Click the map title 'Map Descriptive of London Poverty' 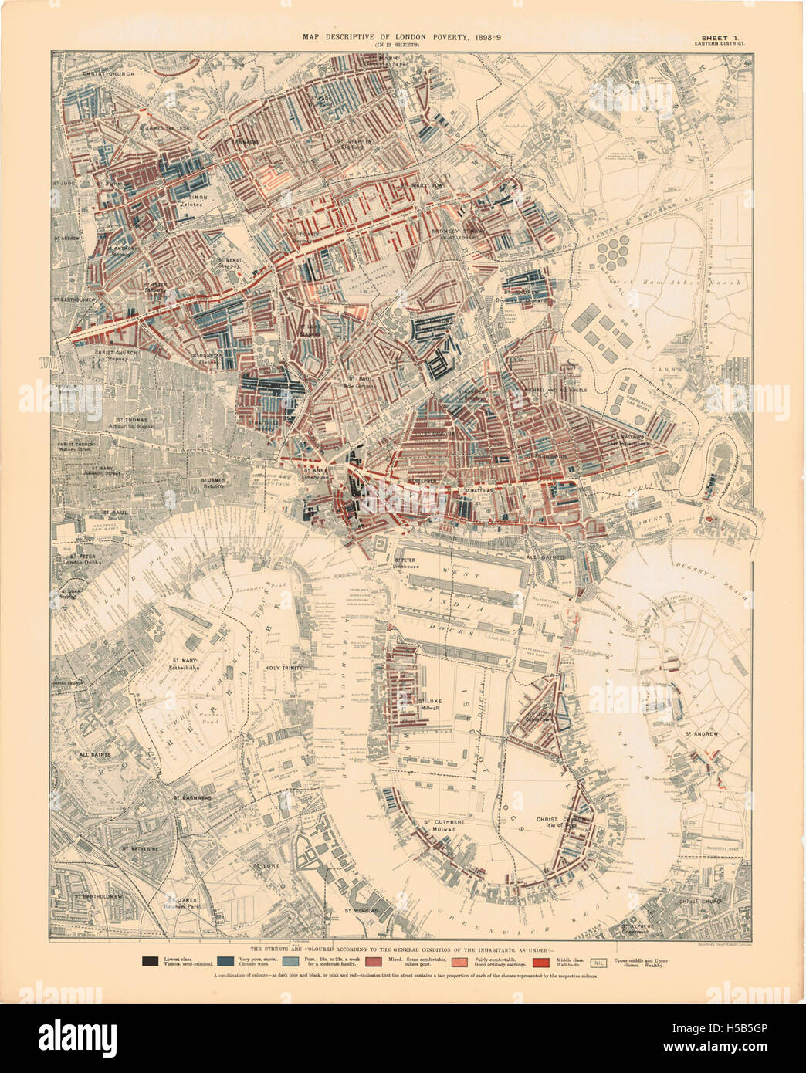tap(401, 37)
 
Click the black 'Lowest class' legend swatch tap(150, 962)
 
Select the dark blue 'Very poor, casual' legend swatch tap(225, 962)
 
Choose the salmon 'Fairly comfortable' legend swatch tap(461, 962)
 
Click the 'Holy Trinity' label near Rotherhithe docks tap(282, 668)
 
